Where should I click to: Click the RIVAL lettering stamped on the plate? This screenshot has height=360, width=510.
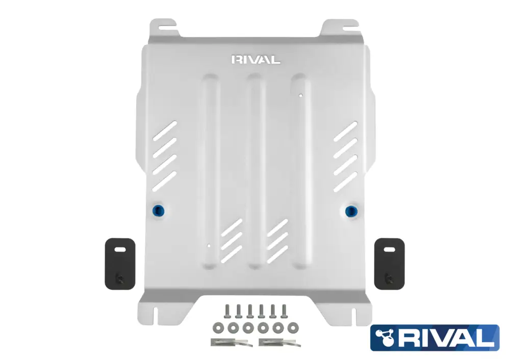[256, 60]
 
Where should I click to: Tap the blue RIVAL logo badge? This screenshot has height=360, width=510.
[435, 338]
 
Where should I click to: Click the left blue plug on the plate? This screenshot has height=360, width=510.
[159, 211]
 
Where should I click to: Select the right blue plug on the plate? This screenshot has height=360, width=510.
[351, 212]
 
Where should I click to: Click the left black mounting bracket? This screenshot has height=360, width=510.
[120, 264]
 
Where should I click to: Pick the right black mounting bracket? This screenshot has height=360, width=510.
[389, 264]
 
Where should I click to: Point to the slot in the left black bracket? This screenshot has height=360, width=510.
[120, 249]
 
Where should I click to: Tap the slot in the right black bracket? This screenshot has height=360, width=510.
[390, 249]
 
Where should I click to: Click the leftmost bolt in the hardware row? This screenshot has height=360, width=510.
[227, 312]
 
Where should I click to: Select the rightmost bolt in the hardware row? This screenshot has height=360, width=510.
[284, 312]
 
